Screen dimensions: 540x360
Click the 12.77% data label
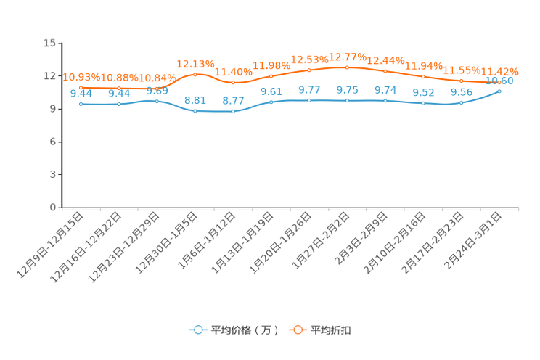348,57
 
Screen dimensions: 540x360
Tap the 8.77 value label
233,101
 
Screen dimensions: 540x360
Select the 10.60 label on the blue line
499,81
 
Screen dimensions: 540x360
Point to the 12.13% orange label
196,64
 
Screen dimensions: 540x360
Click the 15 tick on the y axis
49,43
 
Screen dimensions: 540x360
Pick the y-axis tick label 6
53,142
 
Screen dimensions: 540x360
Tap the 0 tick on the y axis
53,208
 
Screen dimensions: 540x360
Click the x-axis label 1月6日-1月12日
207,240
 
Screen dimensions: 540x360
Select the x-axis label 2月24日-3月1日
472,240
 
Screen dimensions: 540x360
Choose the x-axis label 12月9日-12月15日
50,245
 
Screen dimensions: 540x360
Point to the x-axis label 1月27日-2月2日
321,240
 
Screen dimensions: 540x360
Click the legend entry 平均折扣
320,330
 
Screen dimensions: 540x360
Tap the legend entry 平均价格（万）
234,330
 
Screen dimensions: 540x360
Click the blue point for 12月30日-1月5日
195,111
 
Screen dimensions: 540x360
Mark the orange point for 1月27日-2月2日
347,67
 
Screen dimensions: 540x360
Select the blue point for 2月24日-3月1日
499,91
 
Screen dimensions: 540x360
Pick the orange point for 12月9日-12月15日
81,88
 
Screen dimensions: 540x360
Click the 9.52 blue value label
424,93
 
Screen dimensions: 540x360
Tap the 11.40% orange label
234,72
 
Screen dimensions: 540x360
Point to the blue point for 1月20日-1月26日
309,101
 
